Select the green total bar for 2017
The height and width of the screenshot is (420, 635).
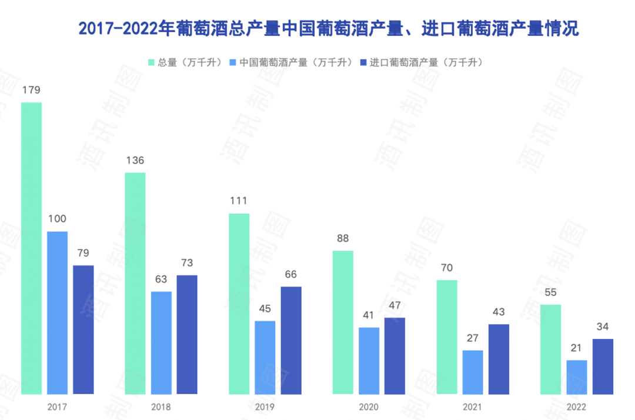(x=32, y=248)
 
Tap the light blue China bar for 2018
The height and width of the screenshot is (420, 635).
(x=161, y=342)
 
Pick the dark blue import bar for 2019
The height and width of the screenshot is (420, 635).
(x=291, y=340)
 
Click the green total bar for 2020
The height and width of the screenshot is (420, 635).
(x=343, y=322)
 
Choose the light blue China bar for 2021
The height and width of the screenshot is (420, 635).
(x=473, y=372)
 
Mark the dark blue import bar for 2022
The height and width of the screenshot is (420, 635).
(x=603, y=366)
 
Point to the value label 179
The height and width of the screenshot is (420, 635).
(x=31, y=90)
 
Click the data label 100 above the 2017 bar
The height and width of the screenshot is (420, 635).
(x=57, y=219)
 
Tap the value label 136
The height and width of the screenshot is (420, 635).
(x=135, y=161)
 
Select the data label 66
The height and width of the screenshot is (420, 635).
(x=291, y=274)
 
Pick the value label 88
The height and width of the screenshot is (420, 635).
(x=343, y=239)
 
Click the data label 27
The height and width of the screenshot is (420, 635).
(x=473, y=338)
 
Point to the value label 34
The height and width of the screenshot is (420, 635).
(x=603, y=327)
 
